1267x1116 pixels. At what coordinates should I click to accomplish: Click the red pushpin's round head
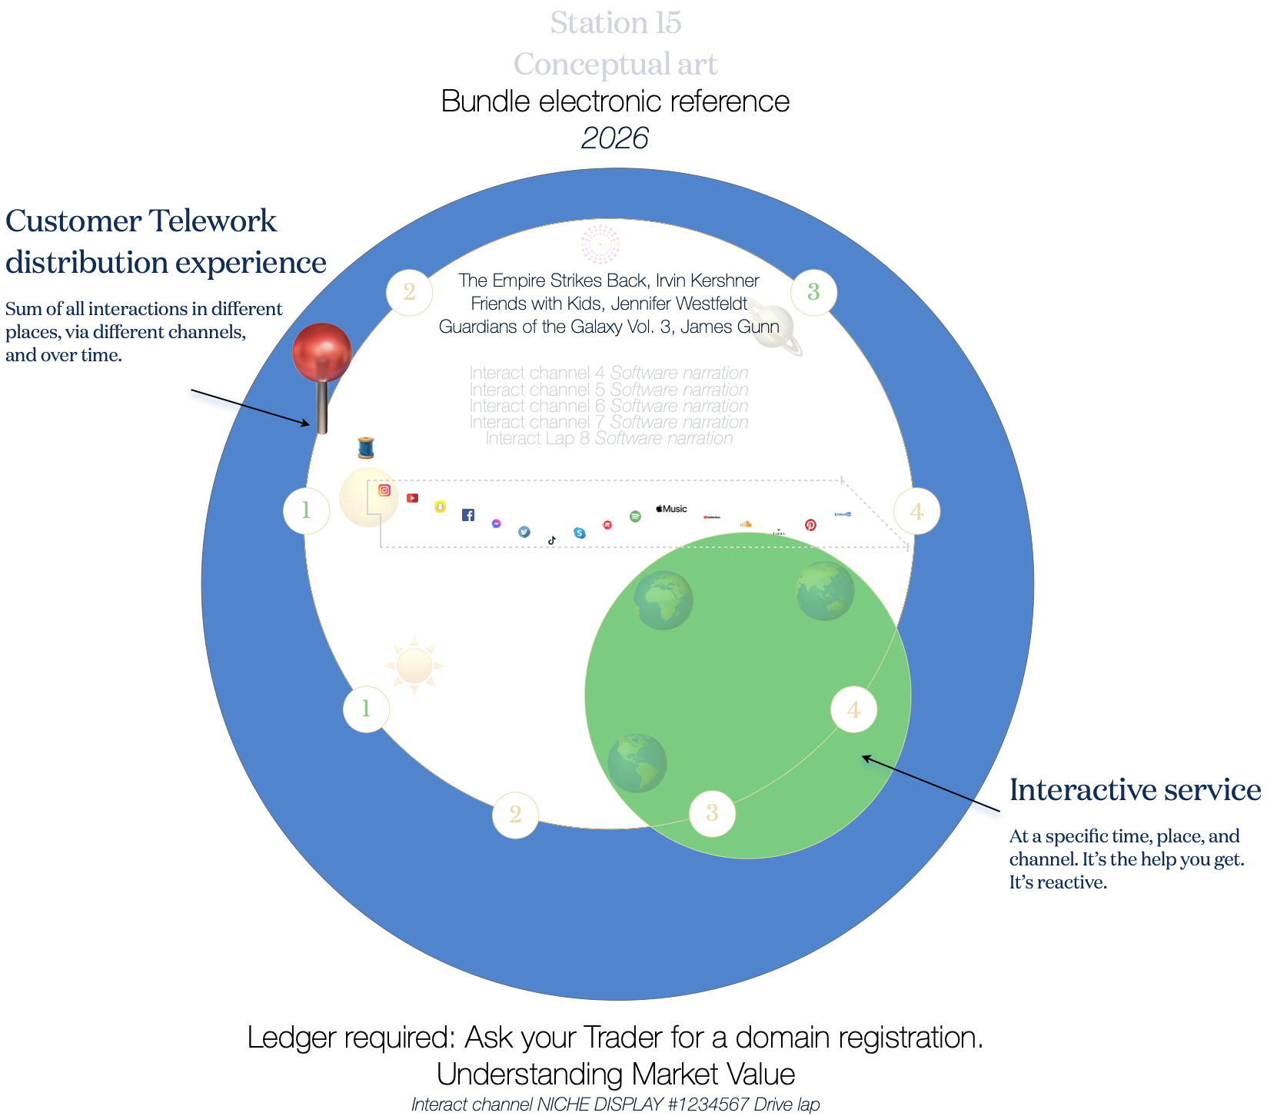[322, 352]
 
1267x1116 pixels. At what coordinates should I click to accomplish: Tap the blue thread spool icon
[366, 447]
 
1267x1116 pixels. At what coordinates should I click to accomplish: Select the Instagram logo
[384, 490]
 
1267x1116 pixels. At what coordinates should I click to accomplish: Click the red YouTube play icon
[413, 498]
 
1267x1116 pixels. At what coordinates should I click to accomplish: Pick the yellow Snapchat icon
[440, 507]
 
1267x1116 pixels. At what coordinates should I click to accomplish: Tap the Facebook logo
[468, 515]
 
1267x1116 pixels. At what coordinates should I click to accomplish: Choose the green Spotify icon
[635, 516]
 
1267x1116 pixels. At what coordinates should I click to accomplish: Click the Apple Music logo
[671, 509]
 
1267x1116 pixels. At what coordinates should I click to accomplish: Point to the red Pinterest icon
[810, 525]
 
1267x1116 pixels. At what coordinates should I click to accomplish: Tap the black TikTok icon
[551, 540]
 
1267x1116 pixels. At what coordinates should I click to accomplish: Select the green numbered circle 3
[813, 292]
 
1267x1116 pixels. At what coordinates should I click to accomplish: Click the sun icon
[414, 666]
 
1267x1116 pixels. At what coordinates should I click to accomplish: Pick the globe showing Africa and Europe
[663, 600]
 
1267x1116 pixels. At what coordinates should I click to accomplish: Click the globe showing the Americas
[637, 762]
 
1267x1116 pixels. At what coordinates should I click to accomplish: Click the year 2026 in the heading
[615, 138]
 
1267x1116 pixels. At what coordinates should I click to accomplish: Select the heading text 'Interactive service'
[1135, 790]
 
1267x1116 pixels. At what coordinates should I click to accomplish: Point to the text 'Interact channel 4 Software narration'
[609, 373]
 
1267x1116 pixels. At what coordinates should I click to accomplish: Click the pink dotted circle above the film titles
[600, 244]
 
